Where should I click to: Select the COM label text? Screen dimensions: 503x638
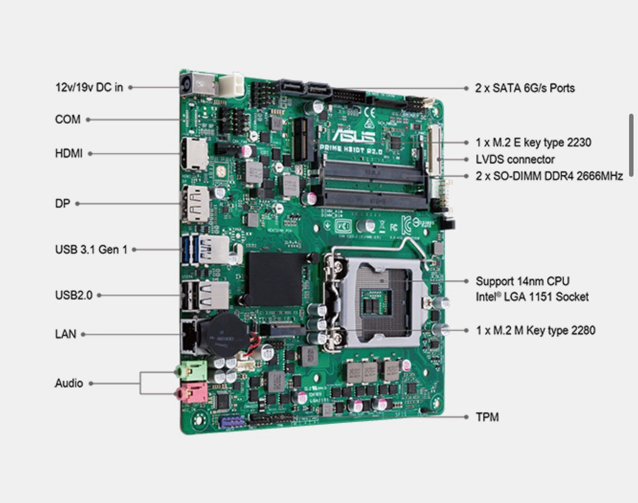pyautogui.click(x=67, y=119)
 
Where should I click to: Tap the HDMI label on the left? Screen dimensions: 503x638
pyautogui.click(x=69, y=153)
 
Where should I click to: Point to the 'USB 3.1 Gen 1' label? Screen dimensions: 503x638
pyautogui.click(x=91, y=250)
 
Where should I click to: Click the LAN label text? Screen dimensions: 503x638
pyautogui.click(x=65, y=334)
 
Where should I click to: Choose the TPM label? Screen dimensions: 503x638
pyautogui.click(x=487, y=417)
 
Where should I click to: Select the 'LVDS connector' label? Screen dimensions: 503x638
pyautogui.click(x=515, y=159)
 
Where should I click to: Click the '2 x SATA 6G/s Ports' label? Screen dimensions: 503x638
pyautogui.click(x=525, y=88)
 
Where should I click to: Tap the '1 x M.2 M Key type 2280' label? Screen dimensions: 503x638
pyautogui.click(x=535, y=330)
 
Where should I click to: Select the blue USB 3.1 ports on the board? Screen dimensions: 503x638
pyautogui.click(x=194, y=250)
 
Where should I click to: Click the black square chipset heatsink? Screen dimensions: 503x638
pyautogui.click(x=275, y=278)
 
